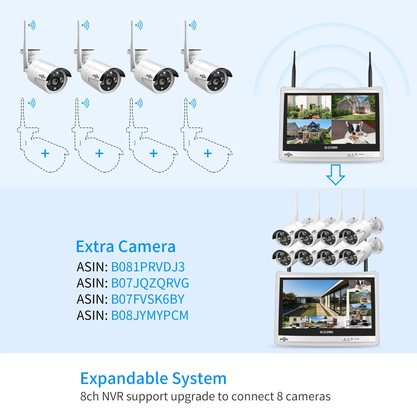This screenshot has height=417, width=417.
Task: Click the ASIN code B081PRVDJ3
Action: pos(148,267)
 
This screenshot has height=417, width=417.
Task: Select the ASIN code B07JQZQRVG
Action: pos(150,283)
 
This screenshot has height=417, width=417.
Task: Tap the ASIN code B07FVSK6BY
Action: pos(148,299)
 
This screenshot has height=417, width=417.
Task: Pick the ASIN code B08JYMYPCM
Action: pos(150,316)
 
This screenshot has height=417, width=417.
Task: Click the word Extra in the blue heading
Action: pos(95,247)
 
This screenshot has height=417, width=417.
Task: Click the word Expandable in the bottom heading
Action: pos(124,378)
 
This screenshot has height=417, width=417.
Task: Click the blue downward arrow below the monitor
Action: pos(335,174)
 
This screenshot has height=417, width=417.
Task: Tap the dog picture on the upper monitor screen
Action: pos(353,131)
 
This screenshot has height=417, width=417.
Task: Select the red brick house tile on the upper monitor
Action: pos(353,107)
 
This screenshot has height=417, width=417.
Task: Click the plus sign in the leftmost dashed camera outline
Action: pos(45,154)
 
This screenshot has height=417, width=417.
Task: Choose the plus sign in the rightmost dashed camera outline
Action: pos(208,154)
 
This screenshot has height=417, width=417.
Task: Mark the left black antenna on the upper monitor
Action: pos(294,69)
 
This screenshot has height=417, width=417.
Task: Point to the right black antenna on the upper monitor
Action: pos(370,70)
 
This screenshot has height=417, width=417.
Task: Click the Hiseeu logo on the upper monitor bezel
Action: pos(288,155)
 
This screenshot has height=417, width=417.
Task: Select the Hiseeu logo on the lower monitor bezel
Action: pos(284,339)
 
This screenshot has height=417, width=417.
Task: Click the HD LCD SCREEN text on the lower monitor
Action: pos(326,332)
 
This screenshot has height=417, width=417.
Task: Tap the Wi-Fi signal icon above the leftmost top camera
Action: pos(32,25)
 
